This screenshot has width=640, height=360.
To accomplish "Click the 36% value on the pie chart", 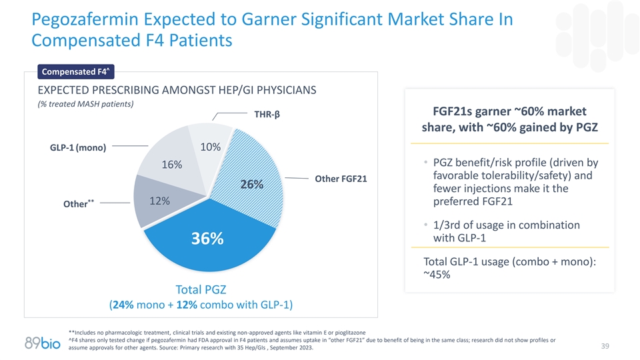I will point(208,239).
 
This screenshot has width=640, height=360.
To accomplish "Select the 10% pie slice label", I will point(211,147).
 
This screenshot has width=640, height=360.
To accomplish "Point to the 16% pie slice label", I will point(171,165).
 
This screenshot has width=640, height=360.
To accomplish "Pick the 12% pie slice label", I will point(159,201).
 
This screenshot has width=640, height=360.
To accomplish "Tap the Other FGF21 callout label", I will point(340,179).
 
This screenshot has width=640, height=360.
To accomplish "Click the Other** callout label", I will point(77,203).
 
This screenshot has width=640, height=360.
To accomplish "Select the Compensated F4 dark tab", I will point(75,71).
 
